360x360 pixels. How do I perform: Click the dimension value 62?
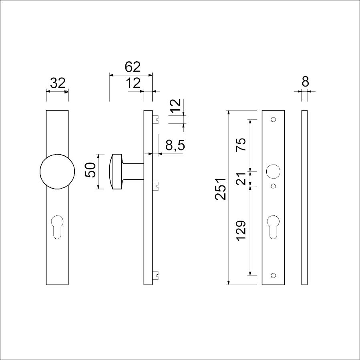[x=133, y=67]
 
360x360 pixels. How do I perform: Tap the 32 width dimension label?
[x=58, y=83]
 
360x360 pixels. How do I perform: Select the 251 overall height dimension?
[x=221, y=189]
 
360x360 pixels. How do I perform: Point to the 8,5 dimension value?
[x=175, y=145]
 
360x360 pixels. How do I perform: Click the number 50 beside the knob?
[x=90, y=170]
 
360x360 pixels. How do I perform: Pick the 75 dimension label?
[x=241, y=144]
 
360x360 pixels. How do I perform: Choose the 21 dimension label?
[x=241, y=179]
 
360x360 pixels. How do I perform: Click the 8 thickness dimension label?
[x=305, y=82]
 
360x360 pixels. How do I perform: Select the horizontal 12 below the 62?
[x=133, y=83]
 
